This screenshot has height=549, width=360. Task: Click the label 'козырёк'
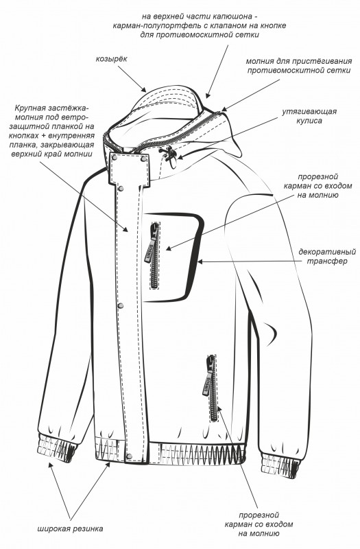pos(111,59)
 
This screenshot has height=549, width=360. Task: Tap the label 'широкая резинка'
pos(71,528)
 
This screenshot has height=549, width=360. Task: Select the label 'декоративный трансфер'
pos(327,256)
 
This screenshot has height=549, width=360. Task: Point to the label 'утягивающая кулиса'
pos(309,116)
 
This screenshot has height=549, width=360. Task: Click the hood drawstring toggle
pos(167,153)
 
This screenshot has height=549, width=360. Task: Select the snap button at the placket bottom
pos(130,456)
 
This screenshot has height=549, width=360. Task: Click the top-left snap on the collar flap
pos(115,159)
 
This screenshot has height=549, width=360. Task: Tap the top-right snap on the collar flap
pos(143,160)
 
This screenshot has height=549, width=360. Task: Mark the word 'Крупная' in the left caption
pos(29,107)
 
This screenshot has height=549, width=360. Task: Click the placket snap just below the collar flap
pos(121,189)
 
